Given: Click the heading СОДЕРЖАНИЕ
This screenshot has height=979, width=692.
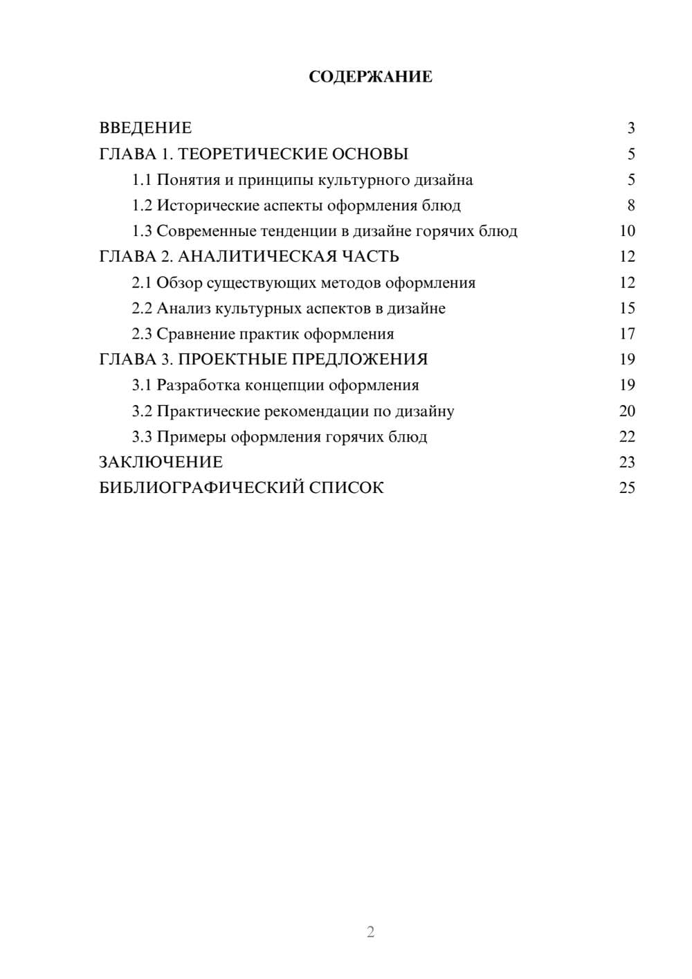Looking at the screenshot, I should click(x=370, y=77).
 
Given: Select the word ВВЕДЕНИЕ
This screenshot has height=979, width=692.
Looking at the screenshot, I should click(x=145, y=128).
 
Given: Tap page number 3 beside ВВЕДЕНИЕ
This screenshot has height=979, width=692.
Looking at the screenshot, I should click(x=630, y=128).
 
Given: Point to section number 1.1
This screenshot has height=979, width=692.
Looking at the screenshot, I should click(x=142, y=180).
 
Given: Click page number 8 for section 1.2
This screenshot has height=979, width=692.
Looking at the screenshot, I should click(x=630, y=206).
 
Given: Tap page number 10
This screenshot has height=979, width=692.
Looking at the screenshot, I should click(x=627, y=231).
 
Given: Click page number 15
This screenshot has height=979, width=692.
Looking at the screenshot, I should click(x=627, y=308).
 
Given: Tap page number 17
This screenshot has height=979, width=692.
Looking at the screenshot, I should click(x=627, y=334).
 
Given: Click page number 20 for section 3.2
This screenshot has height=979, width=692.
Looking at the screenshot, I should click(x=627, y=411).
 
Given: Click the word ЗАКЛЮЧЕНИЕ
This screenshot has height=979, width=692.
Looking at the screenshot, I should click(x=161, y=462).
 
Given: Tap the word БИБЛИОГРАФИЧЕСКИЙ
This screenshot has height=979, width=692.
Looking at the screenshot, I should click(x=201, y=488).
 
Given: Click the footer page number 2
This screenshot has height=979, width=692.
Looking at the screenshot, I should click(x=370, y=932).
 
